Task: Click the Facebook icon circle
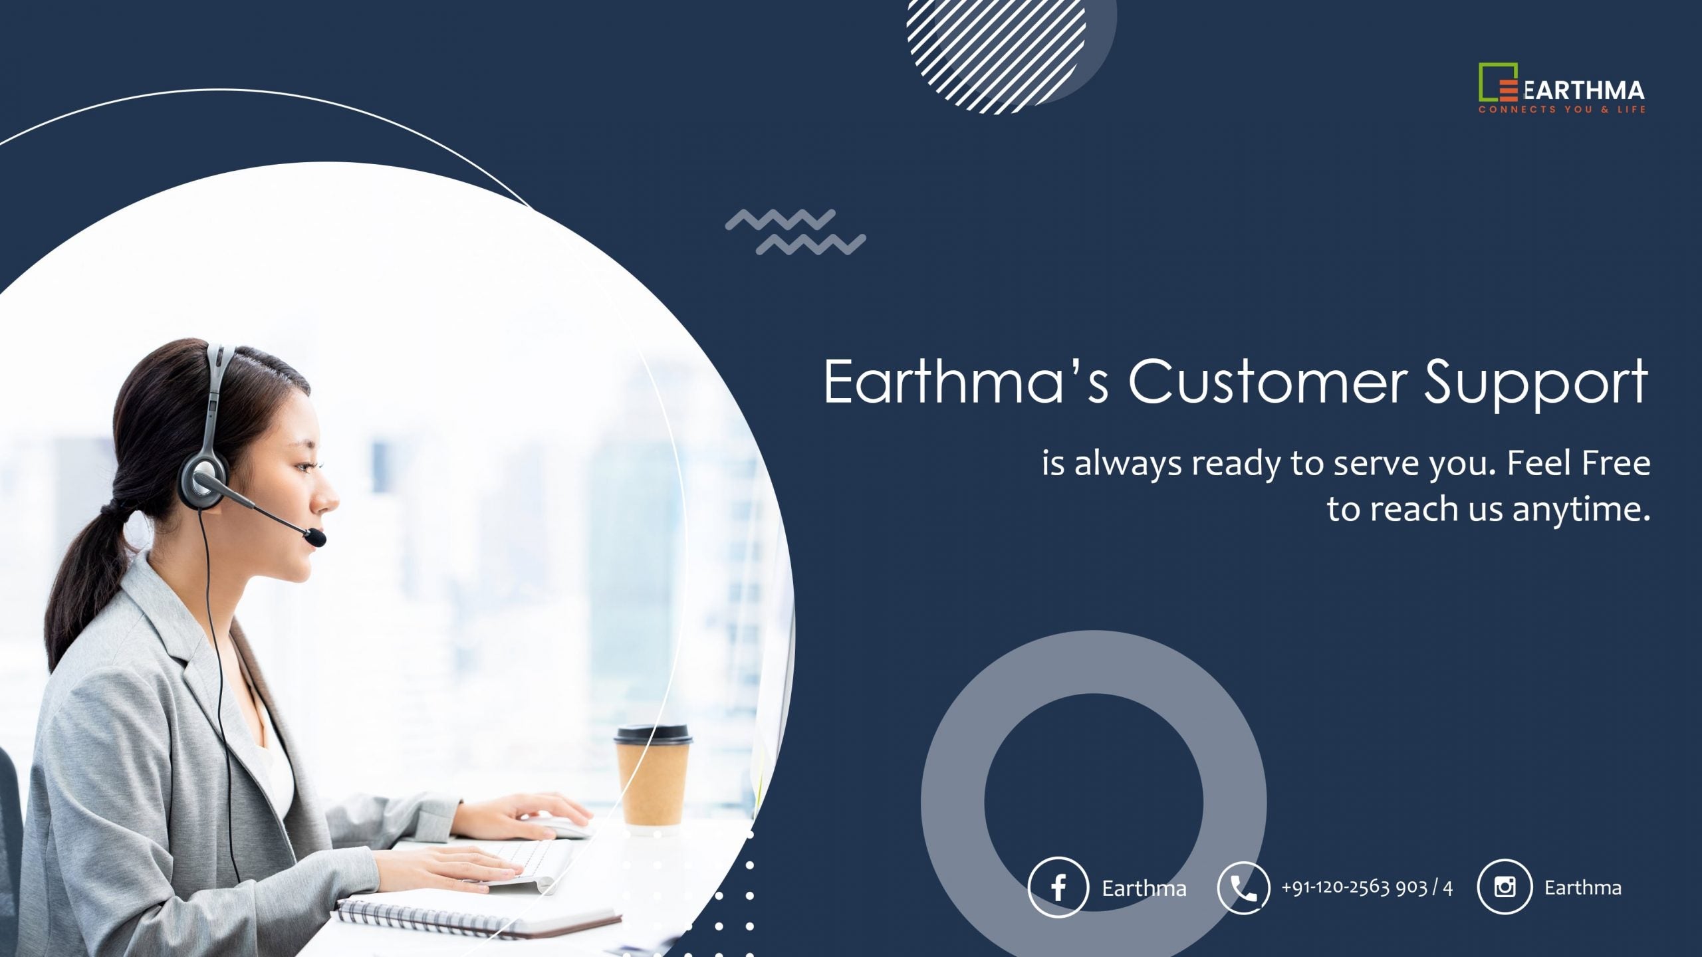(1058, 887)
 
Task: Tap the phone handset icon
(1243, 888)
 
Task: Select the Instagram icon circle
(1505, 887)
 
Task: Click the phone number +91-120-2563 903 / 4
(1367, 887)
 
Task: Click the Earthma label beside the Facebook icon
(1144, 889)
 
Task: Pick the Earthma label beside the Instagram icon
(1583, 887)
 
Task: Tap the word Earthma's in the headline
(966, 381)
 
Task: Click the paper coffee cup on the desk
(652, 778)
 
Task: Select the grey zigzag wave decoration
(795, 232)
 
